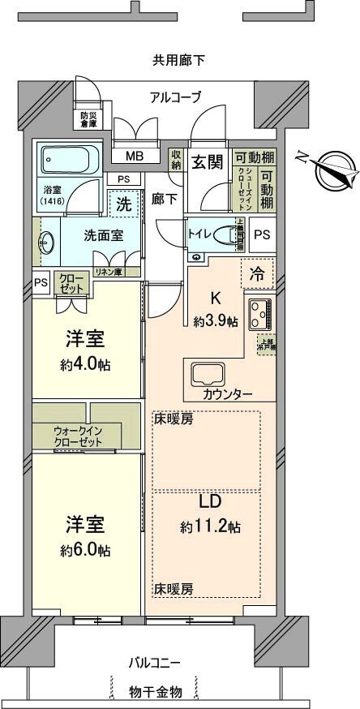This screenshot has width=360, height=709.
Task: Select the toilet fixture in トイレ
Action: pos(236,235)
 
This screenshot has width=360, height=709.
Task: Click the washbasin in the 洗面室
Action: pos(45,242)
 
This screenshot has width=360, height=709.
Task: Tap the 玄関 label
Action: pos(207,161)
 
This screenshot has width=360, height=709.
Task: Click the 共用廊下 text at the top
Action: pos(179,60)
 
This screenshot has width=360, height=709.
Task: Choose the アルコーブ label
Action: pos(175,97)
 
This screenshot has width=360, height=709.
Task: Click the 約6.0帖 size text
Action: pos(85,550)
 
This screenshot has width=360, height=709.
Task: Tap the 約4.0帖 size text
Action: pos(85,364)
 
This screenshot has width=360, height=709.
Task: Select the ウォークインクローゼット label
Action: pos(79,436)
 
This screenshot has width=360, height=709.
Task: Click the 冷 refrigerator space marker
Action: pos(256,273)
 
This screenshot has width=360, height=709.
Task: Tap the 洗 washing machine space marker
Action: pos(124,204)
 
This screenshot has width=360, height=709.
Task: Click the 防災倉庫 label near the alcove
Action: pos(88,119)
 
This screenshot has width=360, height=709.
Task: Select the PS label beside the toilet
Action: pos(261,234)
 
